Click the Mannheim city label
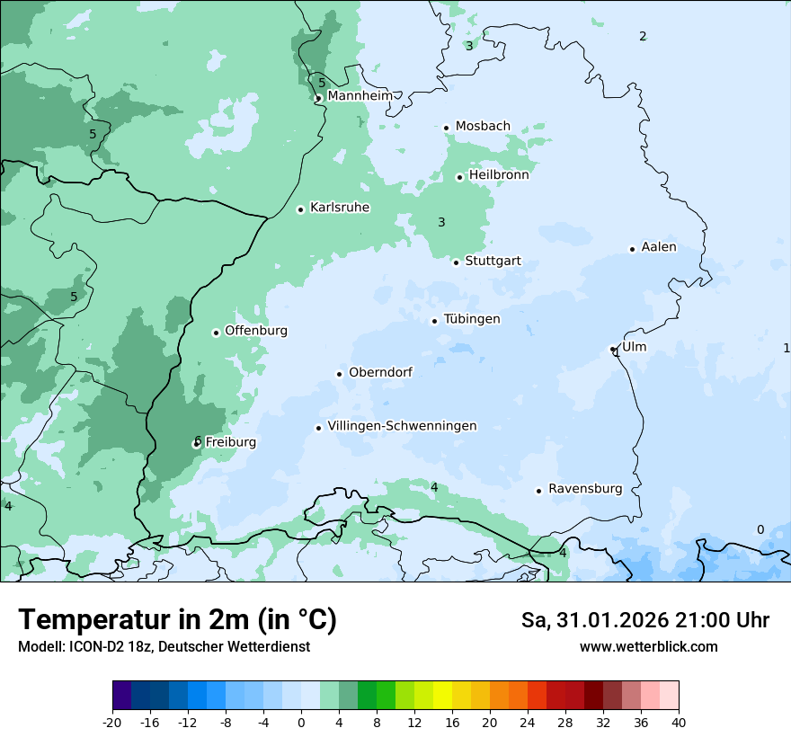360,95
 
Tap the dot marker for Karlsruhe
301,209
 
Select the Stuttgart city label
493,262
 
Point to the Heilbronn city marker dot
459,177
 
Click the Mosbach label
483,127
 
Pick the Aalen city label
659,247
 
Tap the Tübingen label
472,319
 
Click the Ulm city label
634,347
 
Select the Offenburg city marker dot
216,333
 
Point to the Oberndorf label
380,372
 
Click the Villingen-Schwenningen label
402,426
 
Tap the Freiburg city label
230,442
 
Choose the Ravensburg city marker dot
538,491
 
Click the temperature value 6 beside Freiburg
197,440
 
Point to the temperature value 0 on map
760,529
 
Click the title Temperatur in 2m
177,620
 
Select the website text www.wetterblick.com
648,646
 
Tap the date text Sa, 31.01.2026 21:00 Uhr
644,620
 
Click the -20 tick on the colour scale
112,722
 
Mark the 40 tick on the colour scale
679,722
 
